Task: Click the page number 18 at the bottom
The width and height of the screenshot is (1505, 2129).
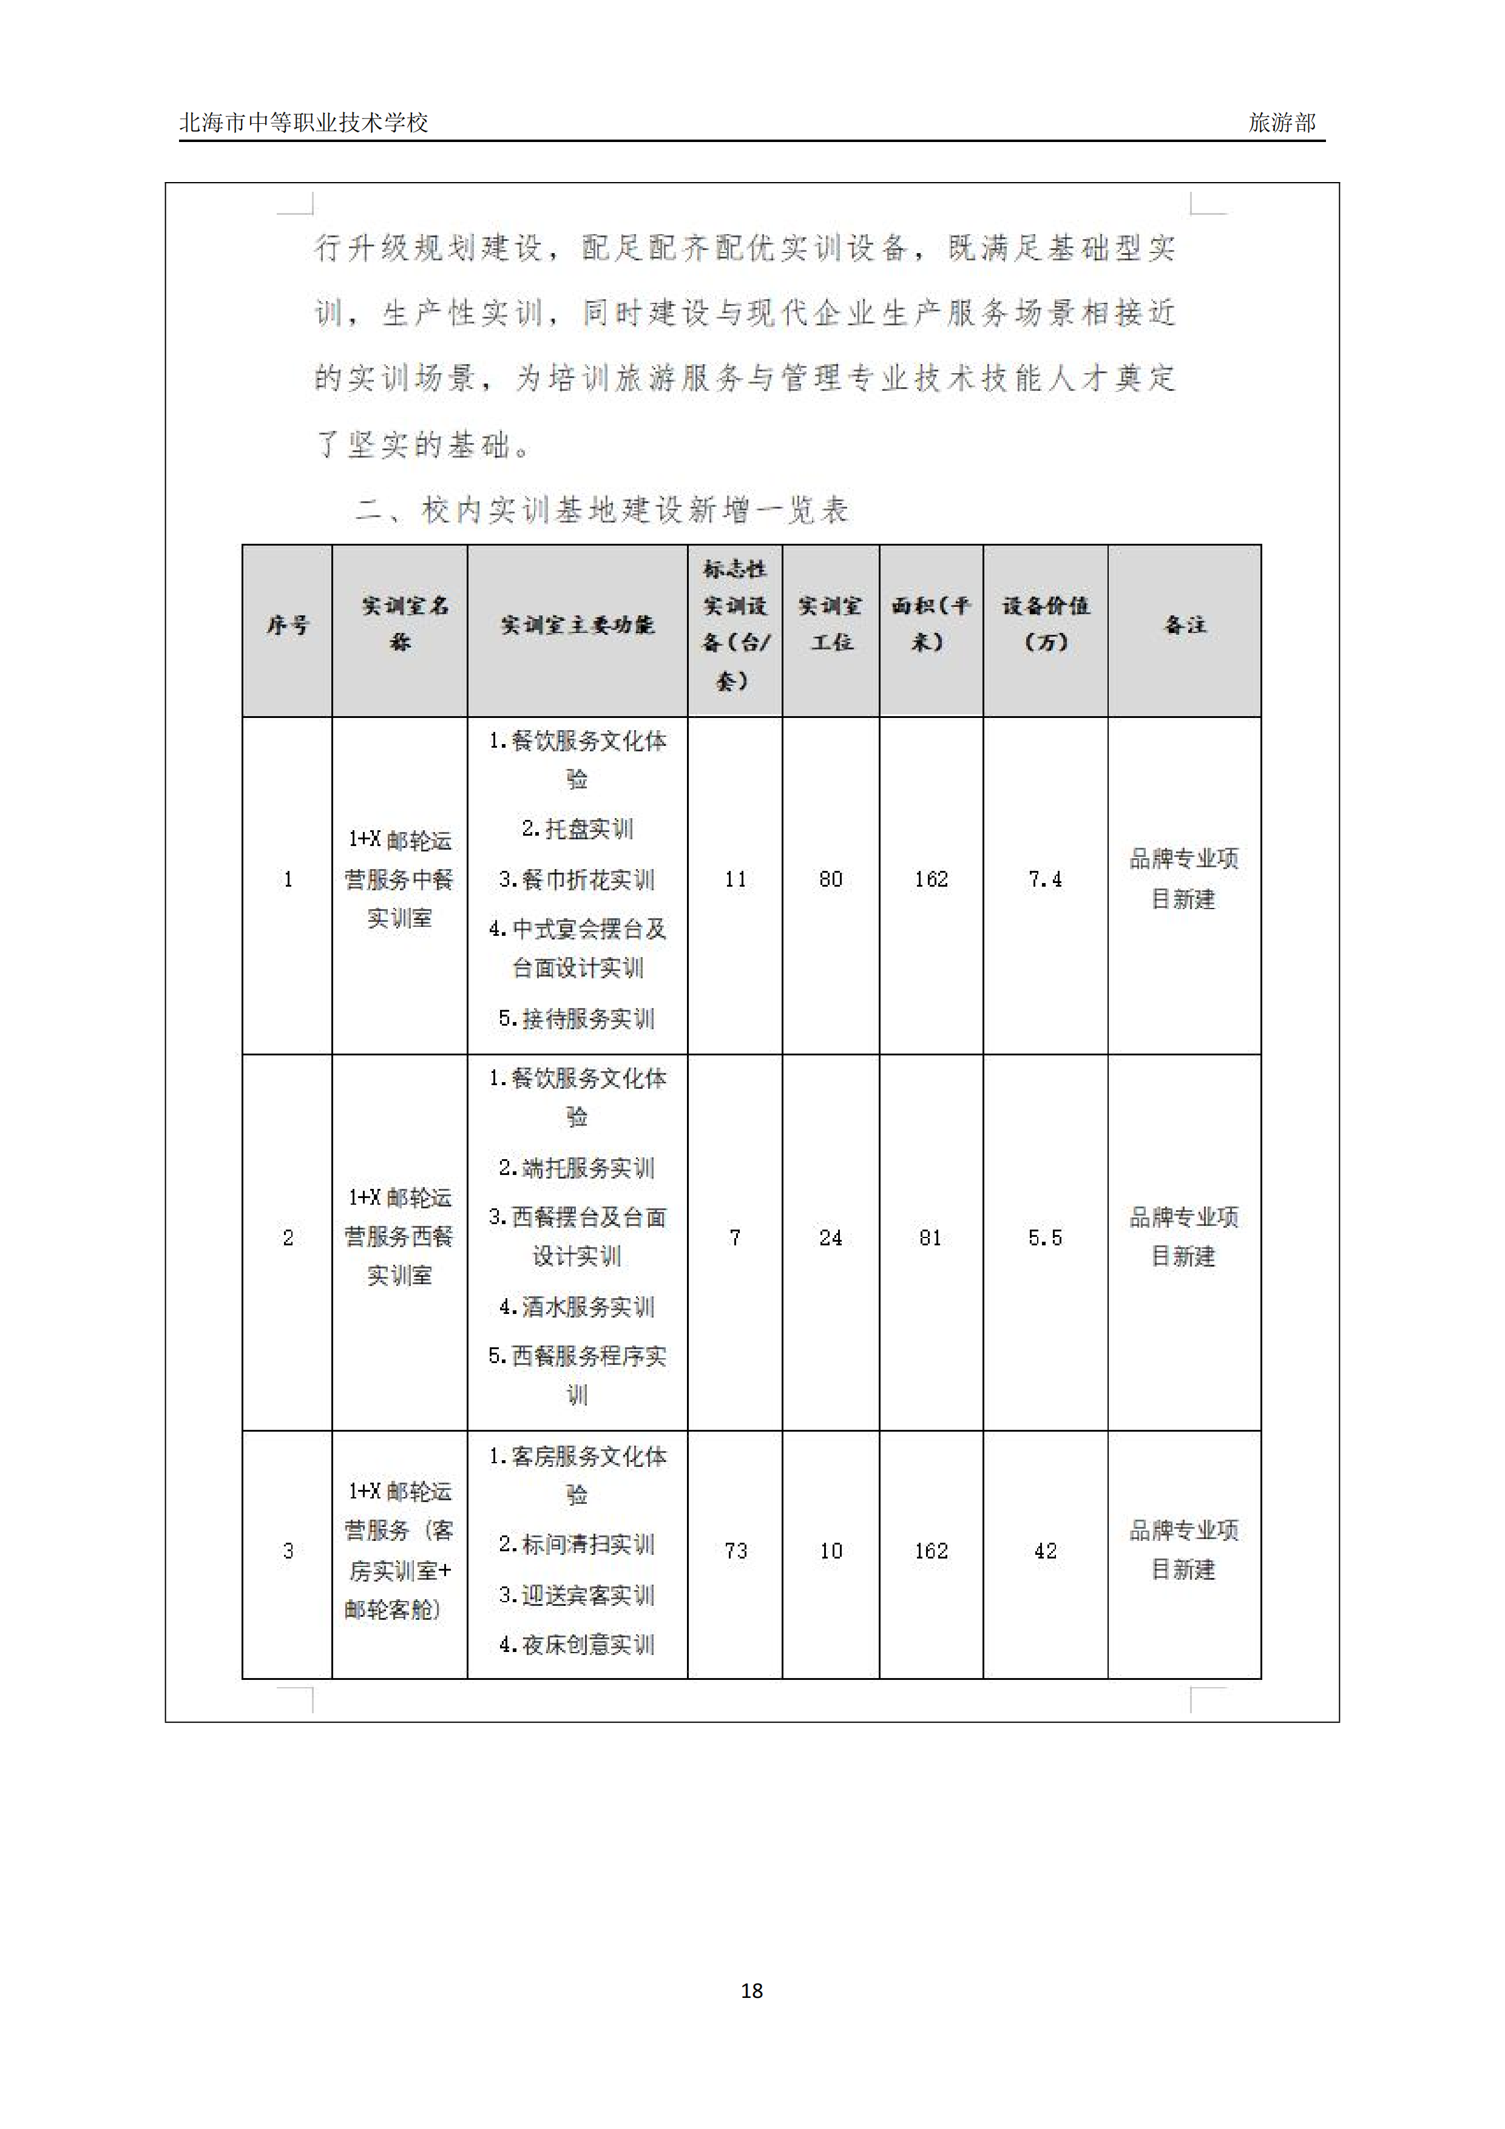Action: (751, 1990)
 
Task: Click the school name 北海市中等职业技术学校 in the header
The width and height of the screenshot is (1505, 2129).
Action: (303, 123)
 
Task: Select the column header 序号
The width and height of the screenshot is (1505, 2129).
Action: (288, 626)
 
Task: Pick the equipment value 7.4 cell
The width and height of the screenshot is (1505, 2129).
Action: (1044, 879)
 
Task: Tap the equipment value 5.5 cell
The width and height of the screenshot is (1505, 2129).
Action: (1044, 1238)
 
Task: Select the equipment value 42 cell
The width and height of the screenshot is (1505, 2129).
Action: (1045, 1551)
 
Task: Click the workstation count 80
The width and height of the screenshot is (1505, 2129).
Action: (830, 879)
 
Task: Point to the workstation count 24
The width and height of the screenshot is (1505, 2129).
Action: (830, 1238)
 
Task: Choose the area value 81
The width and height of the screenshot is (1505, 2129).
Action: (930, 1238)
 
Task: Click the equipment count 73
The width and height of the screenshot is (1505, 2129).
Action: (736, 1551)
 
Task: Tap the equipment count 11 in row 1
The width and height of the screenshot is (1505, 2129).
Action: (736, 879)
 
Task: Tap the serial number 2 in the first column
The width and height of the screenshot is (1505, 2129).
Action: (288, 1238)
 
